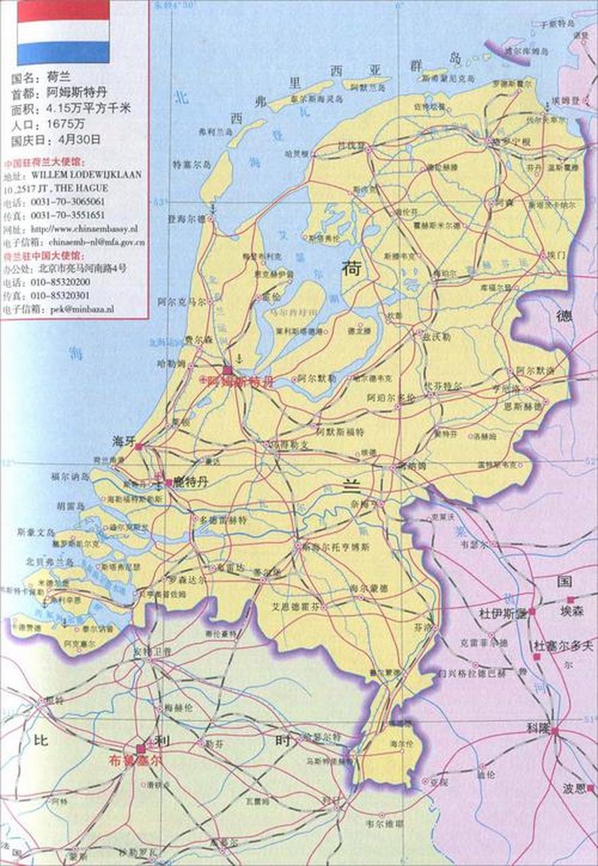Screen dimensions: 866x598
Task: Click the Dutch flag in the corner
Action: [63, 32]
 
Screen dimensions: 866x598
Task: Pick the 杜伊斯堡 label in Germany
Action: [503, 614]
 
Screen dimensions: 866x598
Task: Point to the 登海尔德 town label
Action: [186, 220]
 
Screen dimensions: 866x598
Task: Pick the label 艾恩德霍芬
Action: [295, 606]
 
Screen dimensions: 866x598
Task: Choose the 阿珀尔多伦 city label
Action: [389, 398]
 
